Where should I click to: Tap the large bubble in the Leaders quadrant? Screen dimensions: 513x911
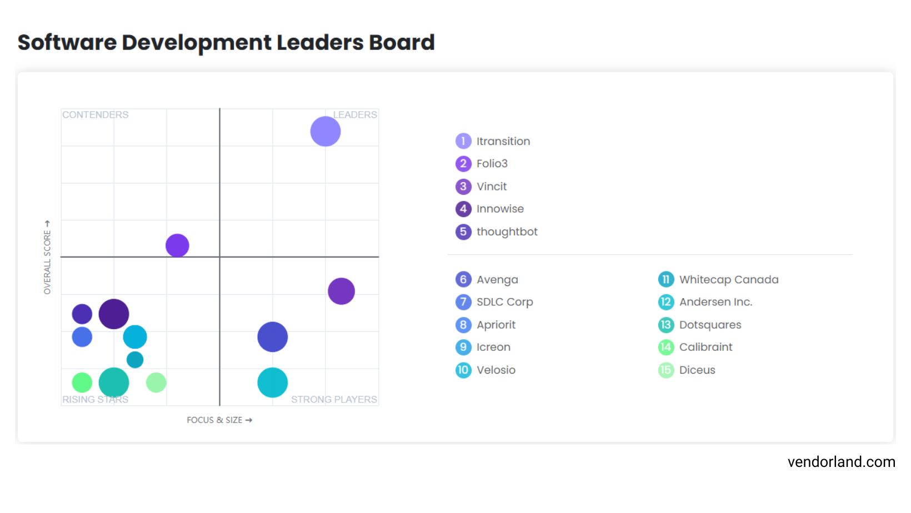(326, 132)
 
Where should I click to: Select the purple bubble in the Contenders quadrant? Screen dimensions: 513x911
(177, 245)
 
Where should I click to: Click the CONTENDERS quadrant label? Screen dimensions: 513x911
(96, 115)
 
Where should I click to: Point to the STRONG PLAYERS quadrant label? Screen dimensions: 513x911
(334, 399)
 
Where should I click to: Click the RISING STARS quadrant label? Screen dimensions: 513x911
(96, 399)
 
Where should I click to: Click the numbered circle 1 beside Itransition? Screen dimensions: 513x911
(463, 141)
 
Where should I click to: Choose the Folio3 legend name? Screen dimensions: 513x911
(492, 164)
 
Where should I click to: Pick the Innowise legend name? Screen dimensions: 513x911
(500, 209)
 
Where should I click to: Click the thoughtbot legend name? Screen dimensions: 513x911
(507, 232)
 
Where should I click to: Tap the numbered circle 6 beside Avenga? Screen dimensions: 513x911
(463, 279)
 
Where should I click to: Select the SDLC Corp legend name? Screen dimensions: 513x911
(504, 302)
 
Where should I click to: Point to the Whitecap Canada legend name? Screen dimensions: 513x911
(729, 279)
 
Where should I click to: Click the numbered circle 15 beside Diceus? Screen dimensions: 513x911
(666, 370)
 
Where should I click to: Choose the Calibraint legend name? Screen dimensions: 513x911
(705, 347)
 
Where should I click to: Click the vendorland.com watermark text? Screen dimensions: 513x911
(841, 462)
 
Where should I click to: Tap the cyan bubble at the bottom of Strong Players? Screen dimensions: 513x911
(273, 383)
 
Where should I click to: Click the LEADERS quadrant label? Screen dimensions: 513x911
(355, 115)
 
